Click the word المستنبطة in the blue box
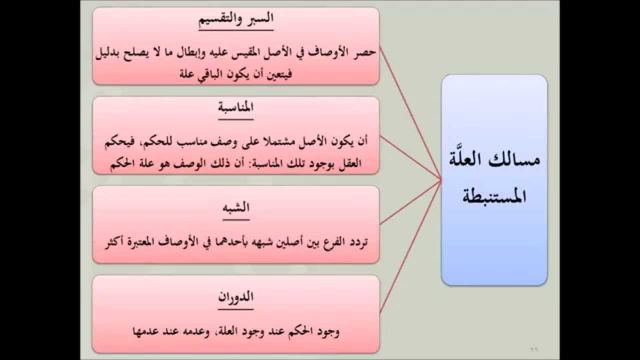(x=494, y=197)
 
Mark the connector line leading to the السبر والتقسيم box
(x=410, y=112)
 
